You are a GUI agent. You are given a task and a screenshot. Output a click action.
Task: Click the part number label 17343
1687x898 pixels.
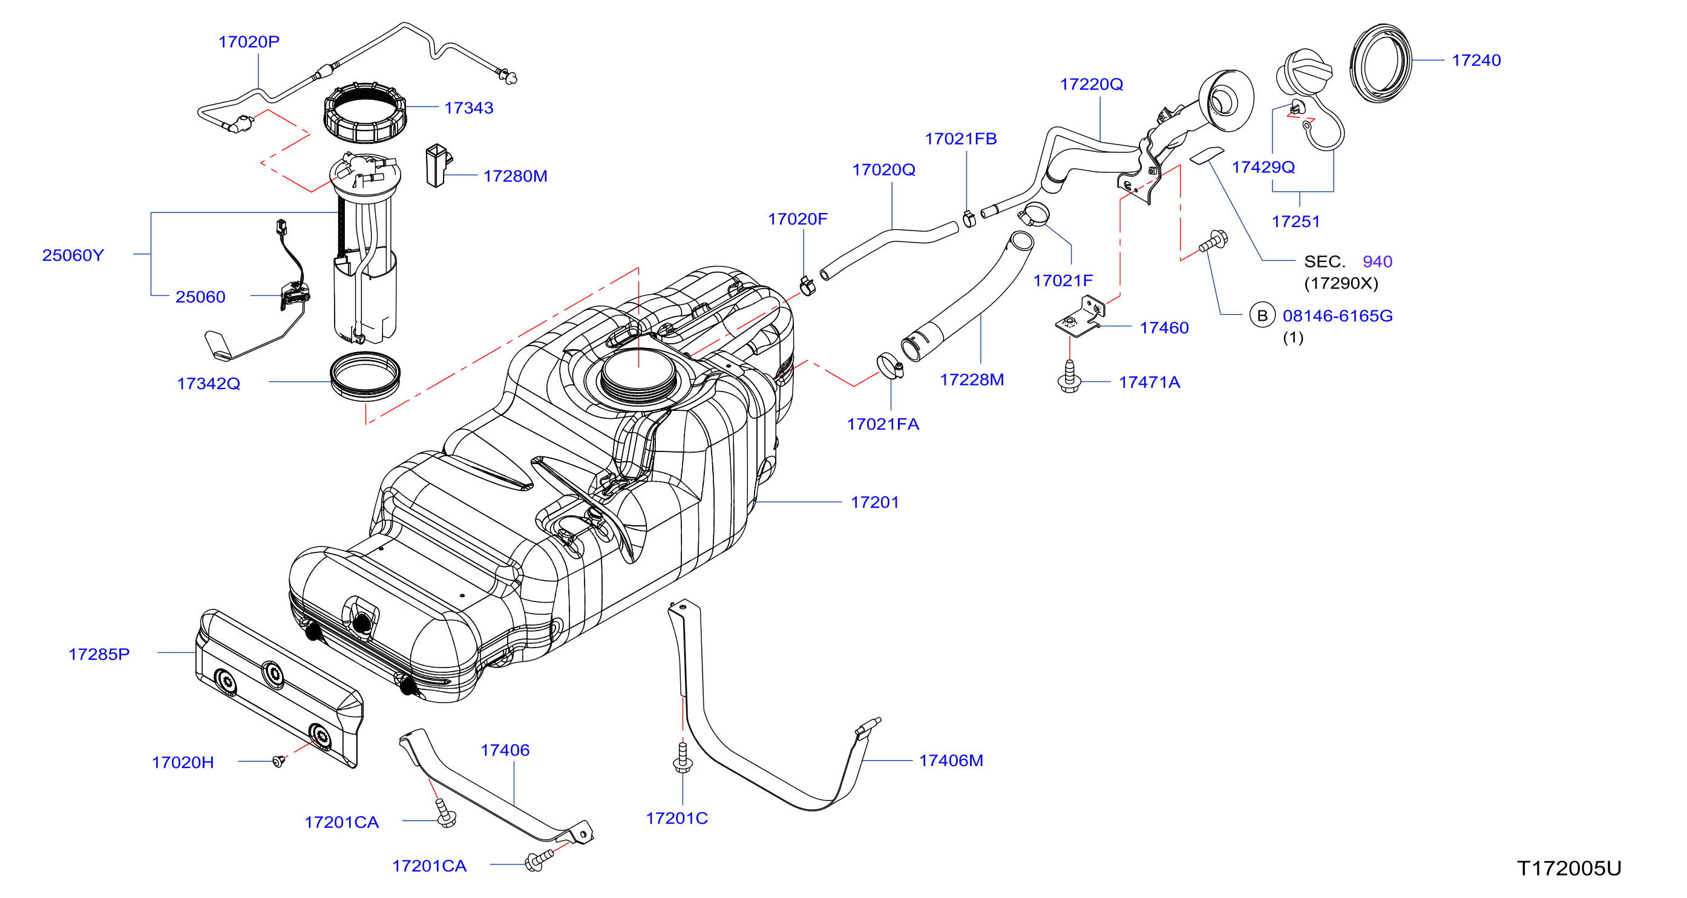coord(468,108)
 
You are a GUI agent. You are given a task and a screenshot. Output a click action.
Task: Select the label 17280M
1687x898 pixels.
coord(515,175)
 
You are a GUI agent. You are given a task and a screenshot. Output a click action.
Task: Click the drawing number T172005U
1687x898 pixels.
coord(1568,868)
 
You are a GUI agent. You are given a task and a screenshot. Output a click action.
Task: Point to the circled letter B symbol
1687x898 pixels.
coord(1262,315)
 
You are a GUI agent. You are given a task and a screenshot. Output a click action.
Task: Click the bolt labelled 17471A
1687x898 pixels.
coord(1069,376)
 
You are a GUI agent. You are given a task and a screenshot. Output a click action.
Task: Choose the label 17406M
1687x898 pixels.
coord(951,761)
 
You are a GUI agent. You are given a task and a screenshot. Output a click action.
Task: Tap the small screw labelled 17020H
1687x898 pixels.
coord(279,761)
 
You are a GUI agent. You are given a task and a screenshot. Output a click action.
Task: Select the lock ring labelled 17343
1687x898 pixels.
coord(365,113)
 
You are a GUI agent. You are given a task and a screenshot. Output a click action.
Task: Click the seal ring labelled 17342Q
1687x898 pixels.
coord(365,376)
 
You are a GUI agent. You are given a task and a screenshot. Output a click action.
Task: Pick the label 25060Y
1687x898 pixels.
coord(73,255)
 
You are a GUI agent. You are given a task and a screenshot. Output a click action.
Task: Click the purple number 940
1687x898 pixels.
coord(1377,261)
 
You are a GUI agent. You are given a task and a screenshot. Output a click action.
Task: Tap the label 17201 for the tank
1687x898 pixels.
coord(875,502)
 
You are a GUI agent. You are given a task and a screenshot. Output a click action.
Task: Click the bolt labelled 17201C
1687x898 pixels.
coord(683,757)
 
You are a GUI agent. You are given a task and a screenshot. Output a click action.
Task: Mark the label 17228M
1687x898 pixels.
coord(972,379)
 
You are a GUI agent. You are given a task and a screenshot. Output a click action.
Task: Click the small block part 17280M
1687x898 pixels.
coord(438,165)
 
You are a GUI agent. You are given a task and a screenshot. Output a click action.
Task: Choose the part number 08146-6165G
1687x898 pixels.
coord(1337,316)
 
